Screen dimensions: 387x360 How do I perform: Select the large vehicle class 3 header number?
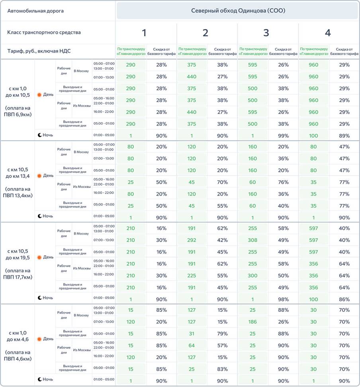266,33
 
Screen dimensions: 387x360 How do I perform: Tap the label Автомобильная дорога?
35,11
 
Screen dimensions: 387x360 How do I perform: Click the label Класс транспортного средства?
44,32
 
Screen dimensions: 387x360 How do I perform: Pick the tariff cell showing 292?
192,240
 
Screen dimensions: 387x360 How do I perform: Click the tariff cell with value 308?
252,240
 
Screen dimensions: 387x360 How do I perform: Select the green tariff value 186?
252,322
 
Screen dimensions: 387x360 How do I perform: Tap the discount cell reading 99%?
283,136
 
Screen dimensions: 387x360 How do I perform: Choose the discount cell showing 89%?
344,136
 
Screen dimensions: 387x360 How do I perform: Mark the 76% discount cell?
283,182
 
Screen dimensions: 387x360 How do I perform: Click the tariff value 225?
192,276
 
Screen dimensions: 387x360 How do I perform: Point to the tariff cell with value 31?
192,333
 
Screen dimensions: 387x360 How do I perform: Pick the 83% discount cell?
222,369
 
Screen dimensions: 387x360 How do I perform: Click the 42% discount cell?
222,240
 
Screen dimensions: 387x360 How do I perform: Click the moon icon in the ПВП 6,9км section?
40,135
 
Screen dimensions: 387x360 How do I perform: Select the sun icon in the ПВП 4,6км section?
39,339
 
